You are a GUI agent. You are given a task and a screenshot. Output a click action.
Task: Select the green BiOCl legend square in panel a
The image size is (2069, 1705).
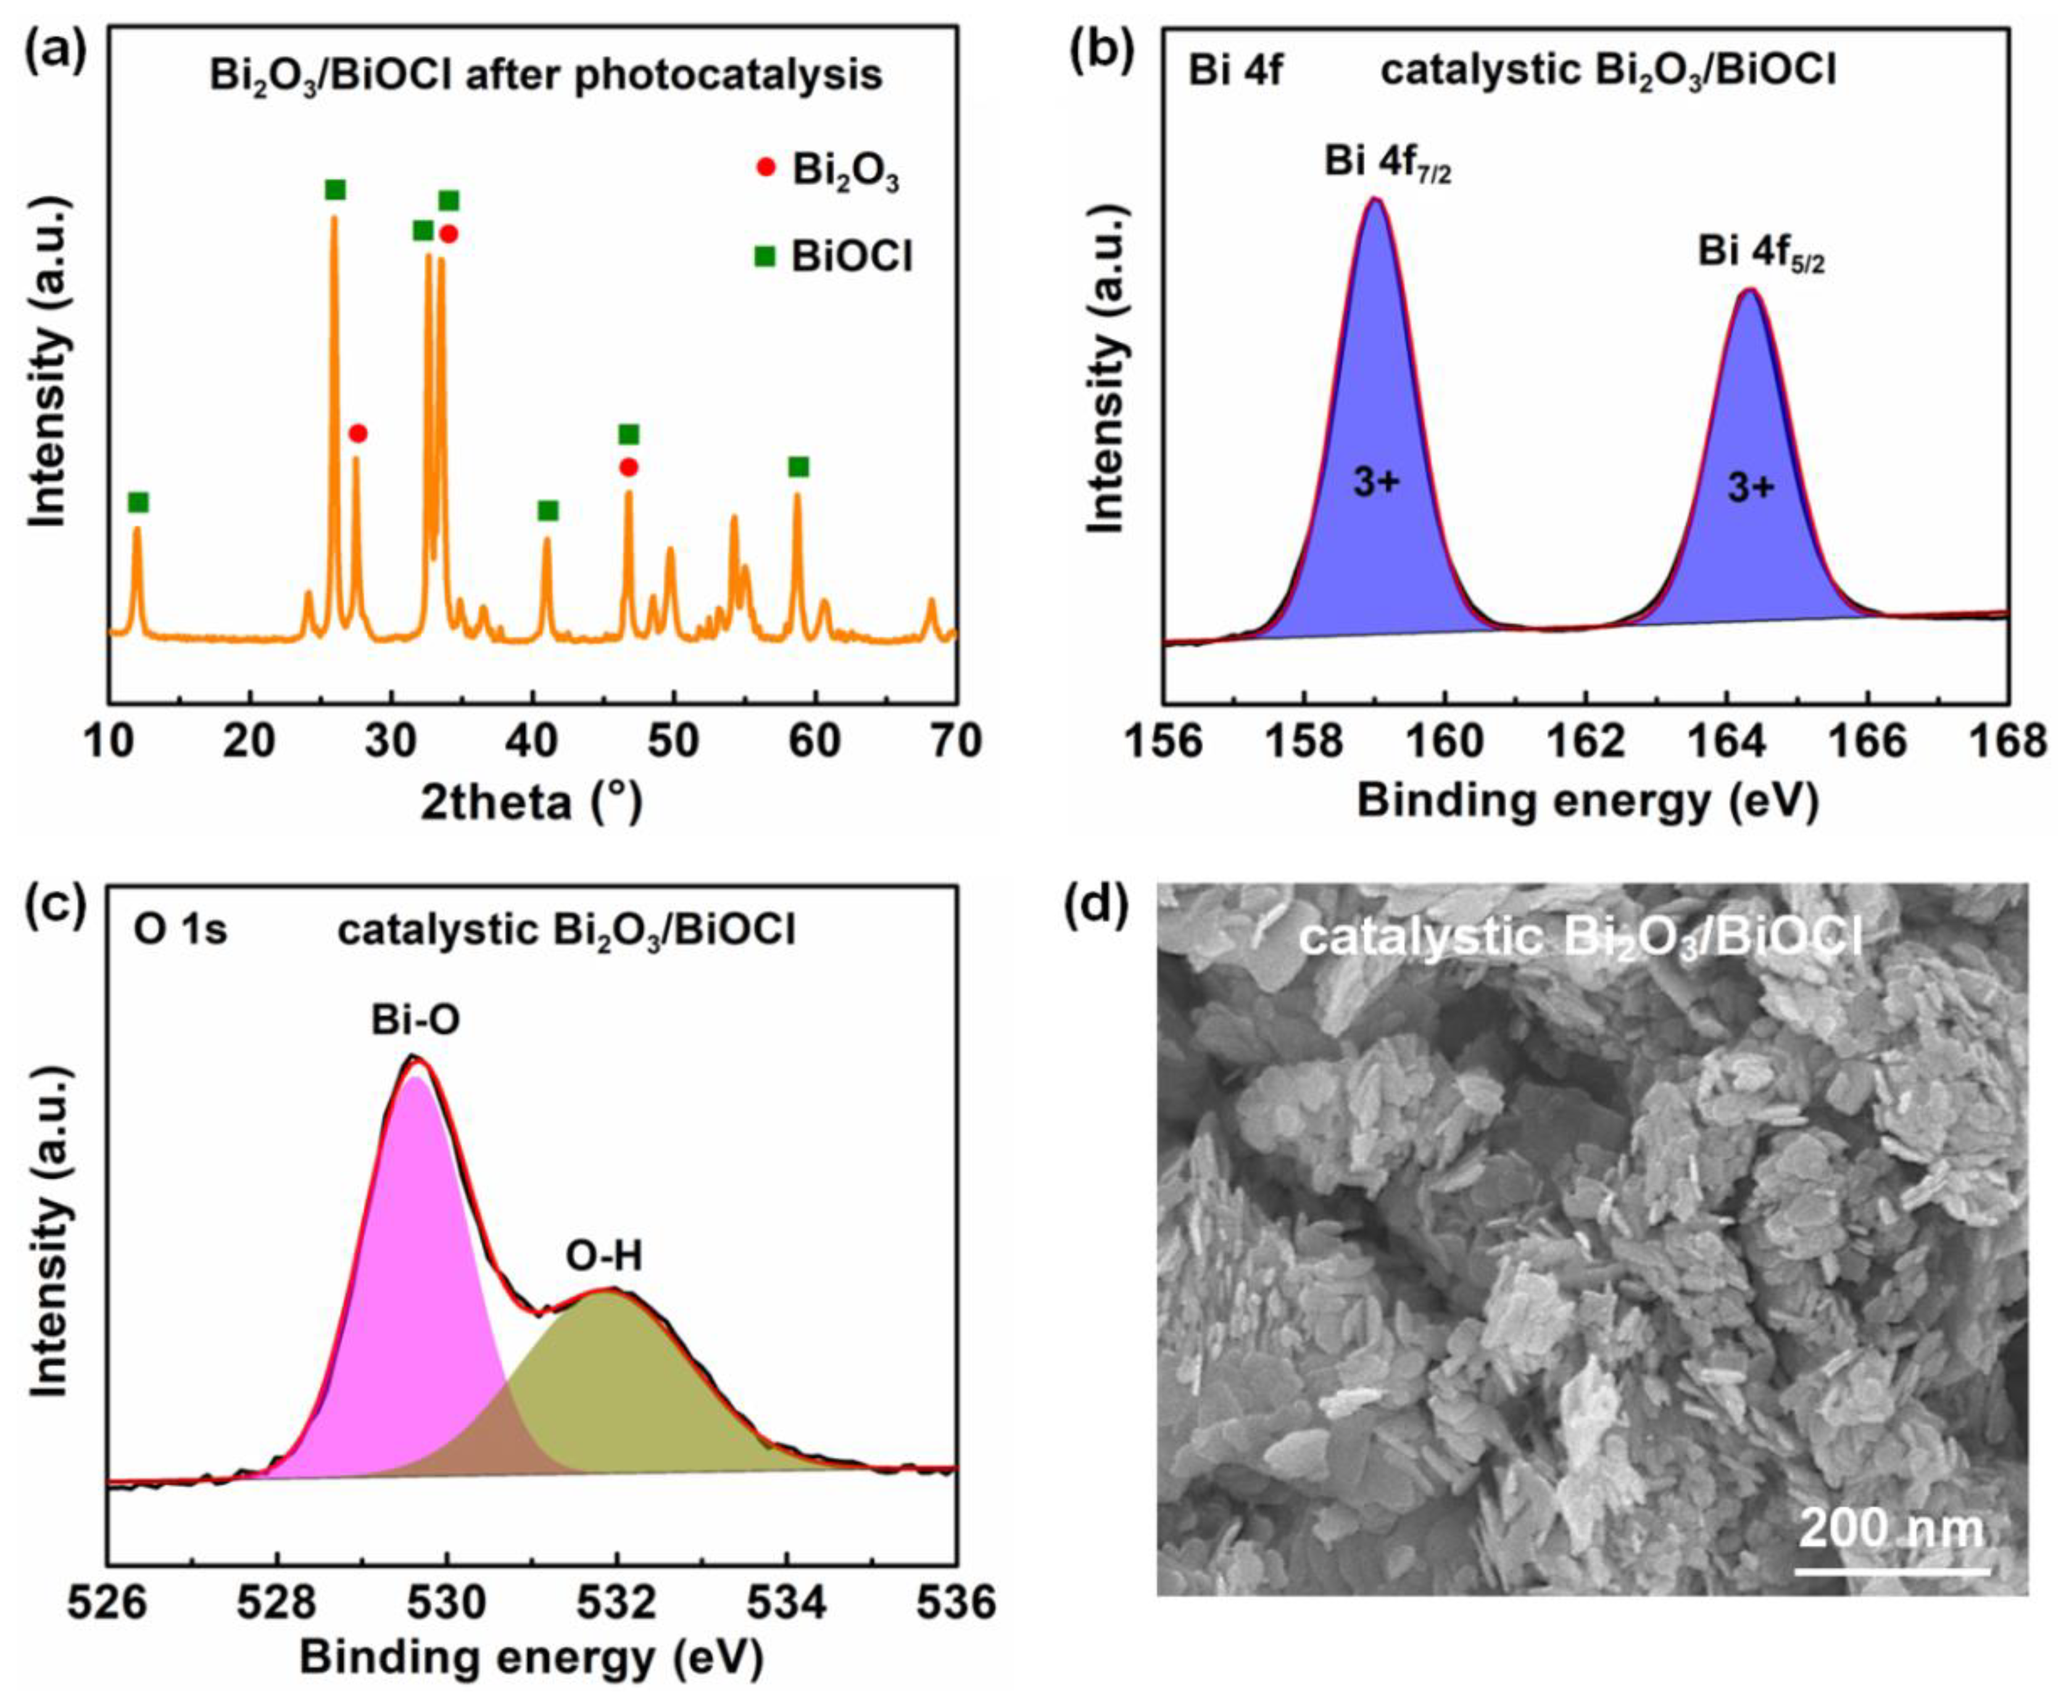(x=765, y=257)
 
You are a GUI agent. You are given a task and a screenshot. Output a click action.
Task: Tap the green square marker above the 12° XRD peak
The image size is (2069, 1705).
(x=138, y=503)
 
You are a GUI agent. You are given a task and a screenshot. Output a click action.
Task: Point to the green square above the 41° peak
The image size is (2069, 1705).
(x=548, y=511)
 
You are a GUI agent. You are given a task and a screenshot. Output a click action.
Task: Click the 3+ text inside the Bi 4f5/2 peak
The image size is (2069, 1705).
(x=1751, y=488)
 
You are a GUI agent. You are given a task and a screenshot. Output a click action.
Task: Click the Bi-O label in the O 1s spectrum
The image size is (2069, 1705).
(x=415, y=1022)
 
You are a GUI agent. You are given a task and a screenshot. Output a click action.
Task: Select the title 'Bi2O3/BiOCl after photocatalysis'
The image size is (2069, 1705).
(x=546, y=76)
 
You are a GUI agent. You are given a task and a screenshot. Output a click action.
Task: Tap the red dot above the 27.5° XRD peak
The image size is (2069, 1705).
(x=358, y=433)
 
